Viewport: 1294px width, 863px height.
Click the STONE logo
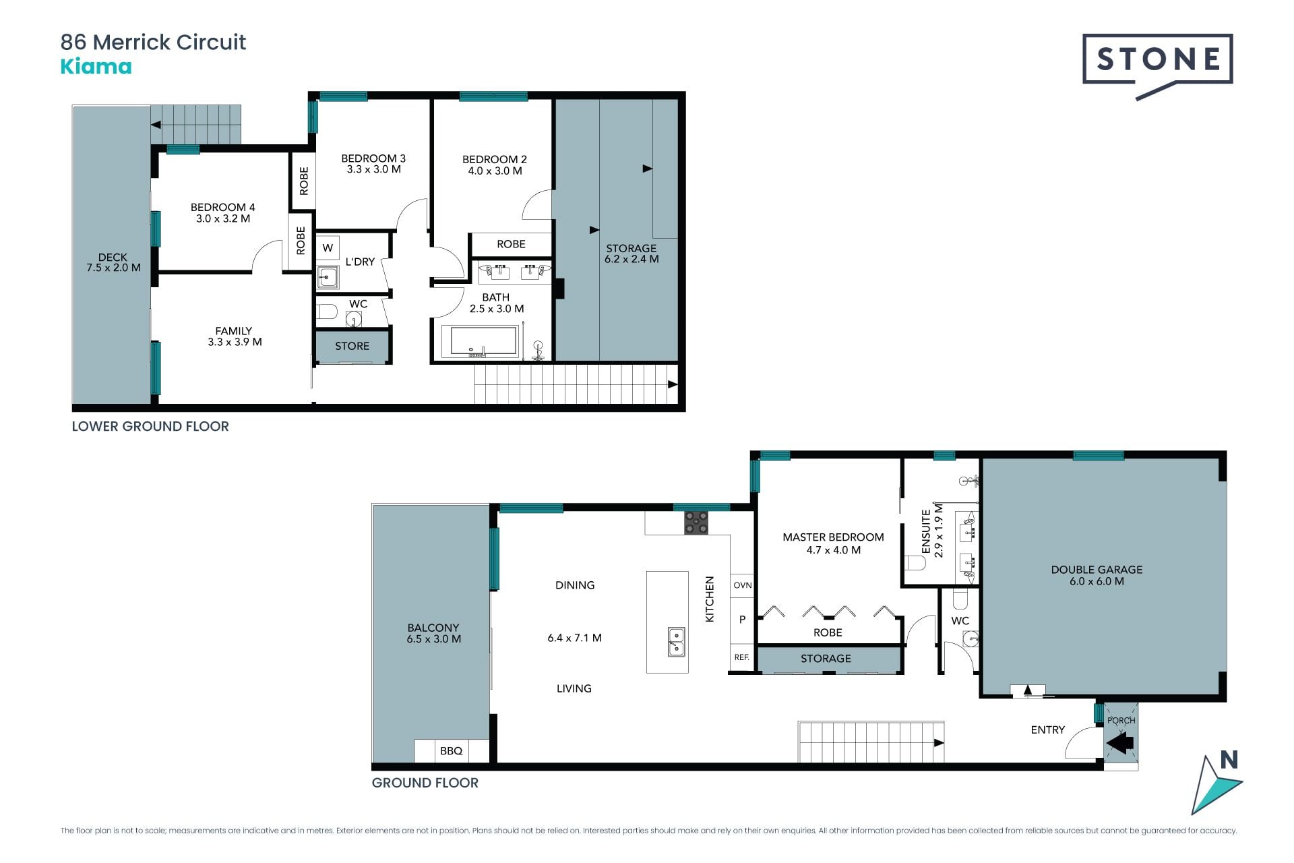click(x=1157, y=66)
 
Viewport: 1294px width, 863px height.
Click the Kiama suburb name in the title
click(x=96, y=67)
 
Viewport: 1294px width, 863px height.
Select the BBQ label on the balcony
click(x=451, y=750)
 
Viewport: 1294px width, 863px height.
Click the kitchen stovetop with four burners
click(x=696, y=523)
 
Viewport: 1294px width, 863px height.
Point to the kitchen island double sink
click(x=676, y=641)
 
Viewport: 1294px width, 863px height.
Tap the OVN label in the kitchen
click(x=742, y=585)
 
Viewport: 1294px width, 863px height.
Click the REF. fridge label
click(x=741, y=657)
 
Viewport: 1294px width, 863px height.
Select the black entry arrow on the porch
click(x=1120, y=744)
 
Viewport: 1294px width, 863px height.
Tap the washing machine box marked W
click(x=328, y=248)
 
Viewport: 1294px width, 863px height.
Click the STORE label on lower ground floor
click(x=352, y=346)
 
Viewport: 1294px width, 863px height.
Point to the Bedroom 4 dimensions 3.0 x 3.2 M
click(x=223, y=218)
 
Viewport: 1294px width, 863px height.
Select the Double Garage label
click(x=1097, y=570)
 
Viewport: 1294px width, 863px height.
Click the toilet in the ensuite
click(x=915, y=563)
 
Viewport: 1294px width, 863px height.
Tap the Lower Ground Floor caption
click(x=150, y=426)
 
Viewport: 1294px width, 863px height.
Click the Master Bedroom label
click(x=833, y=537)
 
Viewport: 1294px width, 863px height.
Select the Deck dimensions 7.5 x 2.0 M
click(x=113, y=268)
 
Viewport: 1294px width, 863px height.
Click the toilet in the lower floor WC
click(x=326, y=311)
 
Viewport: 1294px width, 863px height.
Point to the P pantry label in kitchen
click(x=742, y=620)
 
